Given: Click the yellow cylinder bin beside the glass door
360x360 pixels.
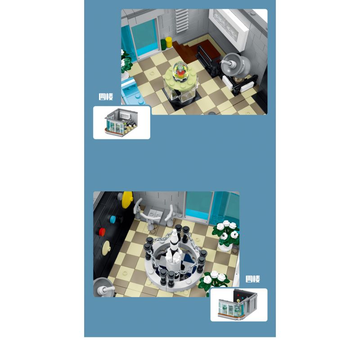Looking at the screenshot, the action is (x=169, y=42).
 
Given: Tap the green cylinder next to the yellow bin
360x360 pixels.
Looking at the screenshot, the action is (x=163, y=45).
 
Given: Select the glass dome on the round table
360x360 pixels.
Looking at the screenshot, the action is (x=181, y=71).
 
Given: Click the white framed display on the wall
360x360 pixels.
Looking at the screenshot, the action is (x=229, y=27).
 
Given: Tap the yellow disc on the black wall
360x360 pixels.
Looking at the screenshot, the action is (x=127, y=199).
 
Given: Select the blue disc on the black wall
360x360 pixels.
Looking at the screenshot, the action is (x=113, y=220).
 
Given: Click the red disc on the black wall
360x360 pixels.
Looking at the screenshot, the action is (x=102, y=232).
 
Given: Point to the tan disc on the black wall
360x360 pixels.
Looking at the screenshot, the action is (x=107, y=247).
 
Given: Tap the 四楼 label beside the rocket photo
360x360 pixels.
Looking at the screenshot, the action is (x=253, y=279).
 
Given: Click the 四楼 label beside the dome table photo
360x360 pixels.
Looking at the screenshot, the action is (x=106, y=97).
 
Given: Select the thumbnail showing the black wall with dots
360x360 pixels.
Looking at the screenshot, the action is (x=239, y=305).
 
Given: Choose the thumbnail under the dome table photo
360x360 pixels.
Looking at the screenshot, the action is (x=121, y=122).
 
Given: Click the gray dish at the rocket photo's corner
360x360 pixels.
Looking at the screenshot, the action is (x=104, y=287).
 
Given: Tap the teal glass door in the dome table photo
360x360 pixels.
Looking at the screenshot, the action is (x=145, y=38).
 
